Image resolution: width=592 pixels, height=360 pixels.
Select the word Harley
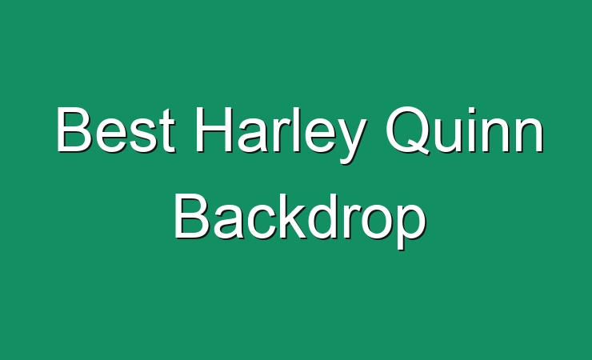pyautogui.click(x=281, y=135)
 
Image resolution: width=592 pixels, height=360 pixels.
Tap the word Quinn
pyautogui.click(x=464, y=130)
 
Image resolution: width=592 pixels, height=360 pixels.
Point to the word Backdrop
pyautogui.click(x=300, y=221)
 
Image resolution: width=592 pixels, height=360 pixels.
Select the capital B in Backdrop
pyautogui.click(x=192, y=215)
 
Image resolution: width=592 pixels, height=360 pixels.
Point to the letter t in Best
pyautogui.click(x=167, y=132)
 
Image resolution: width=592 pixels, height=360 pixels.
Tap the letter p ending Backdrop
pyautogui.click(x=411, y=226)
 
